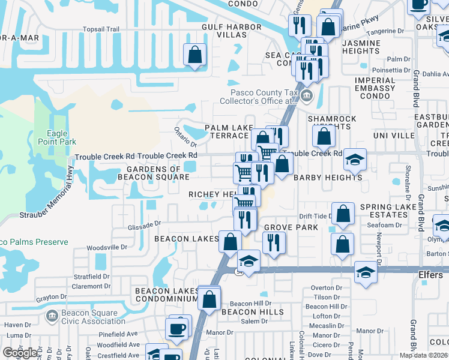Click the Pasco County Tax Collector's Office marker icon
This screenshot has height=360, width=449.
point(307,96)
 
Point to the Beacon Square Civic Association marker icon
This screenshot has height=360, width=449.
point(52,314)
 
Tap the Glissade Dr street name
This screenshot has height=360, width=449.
point(145,224)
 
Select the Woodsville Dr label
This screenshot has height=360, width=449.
point(107,247)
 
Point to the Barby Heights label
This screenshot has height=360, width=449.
point(328,178)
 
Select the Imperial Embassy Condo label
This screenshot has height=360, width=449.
point(375,89)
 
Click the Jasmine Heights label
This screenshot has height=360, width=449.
point(361,47)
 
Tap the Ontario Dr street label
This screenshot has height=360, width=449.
point(185,136)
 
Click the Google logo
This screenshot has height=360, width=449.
point(20,353)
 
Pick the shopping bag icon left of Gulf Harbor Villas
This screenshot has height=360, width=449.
point(195,55)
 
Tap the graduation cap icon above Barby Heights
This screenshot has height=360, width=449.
point(355,159)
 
